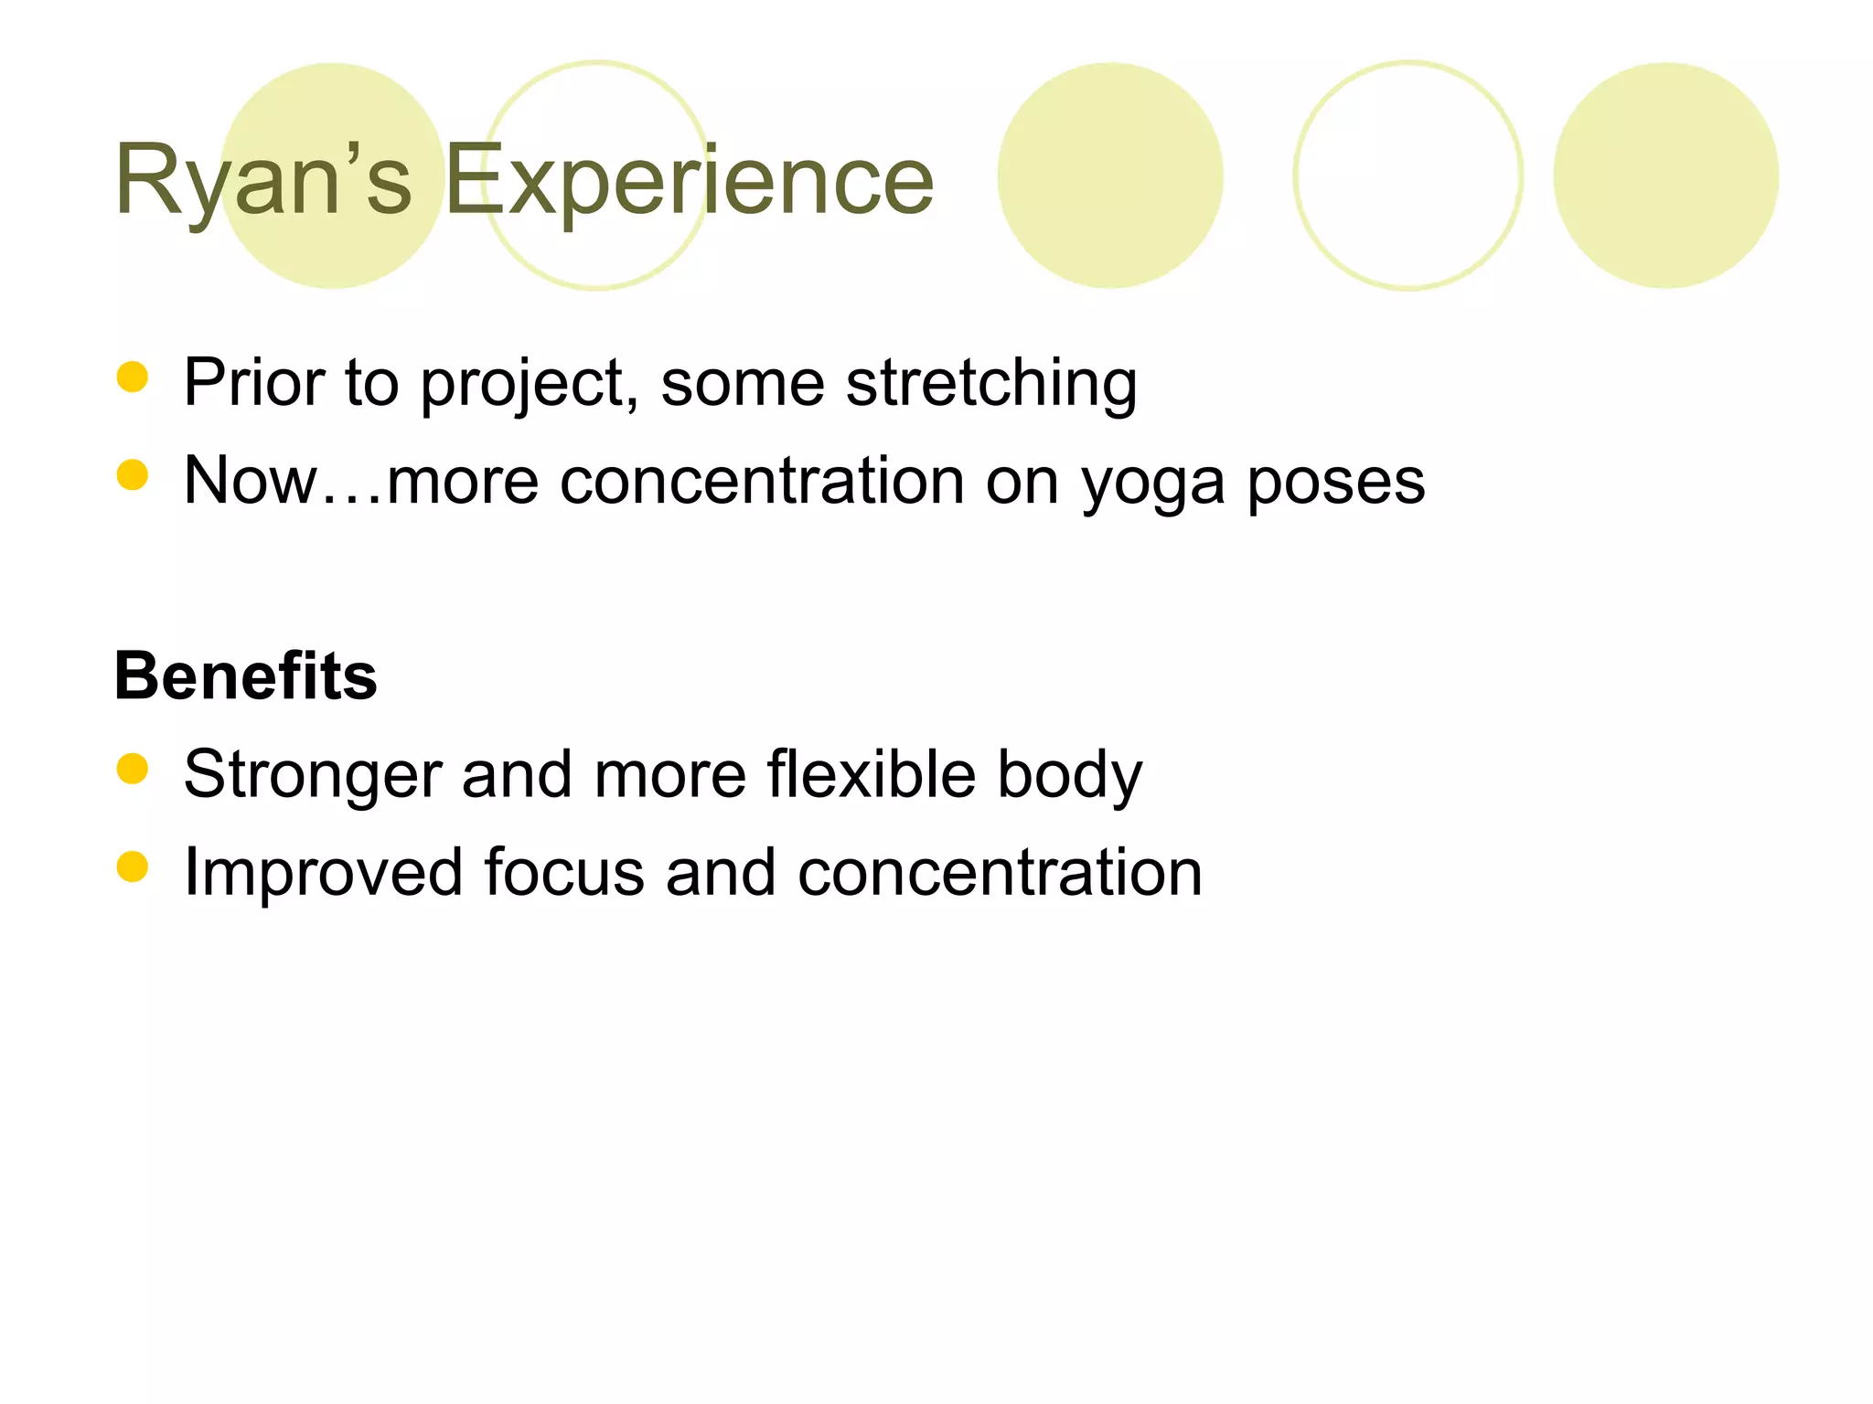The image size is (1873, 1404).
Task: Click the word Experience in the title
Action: coord(689,181)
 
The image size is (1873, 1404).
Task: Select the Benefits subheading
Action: coord(245,676)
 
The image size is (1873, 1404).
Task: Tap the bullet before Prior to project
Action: coord(133,377)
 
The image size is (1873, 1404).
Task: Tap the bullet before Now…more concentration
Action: coord(133,475)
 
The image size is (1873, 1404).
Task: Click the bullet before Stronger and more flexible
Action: coord(133,769)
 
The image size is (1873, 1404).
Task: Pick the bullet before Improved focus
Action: coord(133,867)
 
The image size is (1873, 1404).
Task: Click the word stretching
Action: coord(991,382)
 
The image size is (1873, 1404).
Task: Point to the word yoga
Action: coord(1152,483)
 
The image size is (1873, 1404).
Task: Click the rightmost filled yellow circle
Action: coord(1665,175)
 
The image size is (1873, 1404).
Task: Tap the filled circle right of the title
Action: coord(1109,175)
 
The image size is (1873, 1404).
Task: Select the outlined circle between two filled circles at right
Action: coord(1407,175)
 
